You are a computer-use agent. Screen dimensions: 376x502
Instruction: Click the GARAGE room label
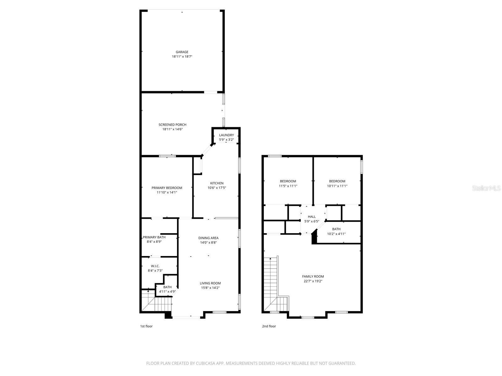point(182,52)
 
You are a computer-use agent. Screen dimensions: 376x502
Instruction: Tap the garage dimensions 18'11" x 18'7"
point(182,57)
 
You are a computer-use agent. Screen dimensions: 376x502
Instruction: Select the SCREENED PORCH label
point(172,125)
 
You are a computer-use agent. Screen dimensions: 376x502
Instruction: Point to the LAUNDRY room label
point(226,135)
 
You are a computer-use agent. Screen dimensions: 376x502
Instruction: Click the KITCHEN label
point(217,183)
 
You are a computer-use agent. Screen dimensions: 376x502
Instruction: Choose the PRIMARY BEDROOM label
point(167,188)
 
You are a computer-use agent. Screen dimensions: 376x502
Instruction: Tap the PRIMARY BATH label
point(154,237)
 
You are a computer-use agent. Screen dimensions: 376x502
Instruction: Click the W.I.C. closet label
point(155,266)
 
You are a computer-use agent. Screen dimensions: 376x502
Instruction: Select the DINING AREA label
point(208,238)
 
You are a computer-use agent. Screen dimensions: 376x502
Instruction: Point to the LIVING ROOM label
point(210,283)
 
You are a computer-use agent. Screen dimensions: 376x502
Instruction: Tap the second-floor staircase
point(271,282)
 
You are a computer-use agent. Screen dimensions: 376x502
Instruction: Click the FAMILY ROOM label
point(313,276)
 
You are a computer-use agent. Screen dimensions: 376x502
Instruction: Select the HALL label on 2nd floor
point(312,217)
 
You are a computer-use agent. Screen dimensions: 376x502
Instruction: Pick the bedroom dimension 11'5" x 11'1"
point(288,186)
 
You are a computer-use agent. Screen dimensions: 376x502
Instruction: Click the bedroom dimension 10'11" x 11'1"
point(337,186)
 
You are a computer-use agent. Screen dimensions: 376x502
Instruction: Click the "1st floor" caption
point(146,326)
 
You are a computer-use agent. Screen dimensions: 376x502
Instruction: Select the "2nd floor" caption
point(269,326)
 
